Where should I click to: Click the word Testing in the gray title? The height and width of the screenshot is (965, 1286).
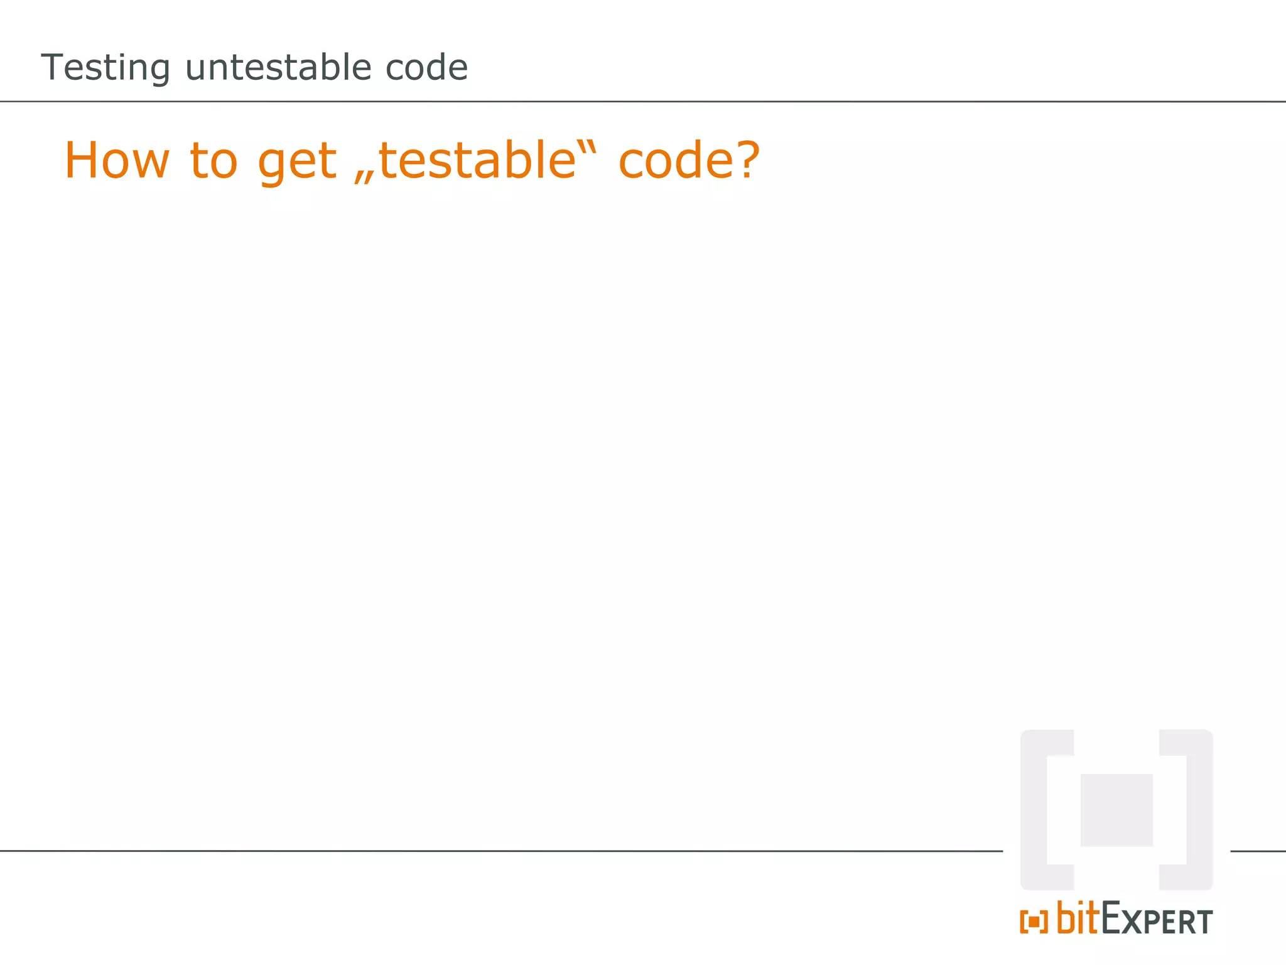point(105,68)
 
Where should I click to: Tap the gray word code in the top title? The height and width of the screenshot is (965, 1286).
point(426,67)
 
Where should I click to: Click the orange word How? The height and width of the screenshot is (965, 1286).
point(117,160)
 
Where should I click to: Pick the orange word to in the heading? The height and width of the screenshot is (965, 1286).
point(213,160)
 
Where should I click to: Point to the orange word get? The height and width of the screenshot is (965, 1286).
point(297,161)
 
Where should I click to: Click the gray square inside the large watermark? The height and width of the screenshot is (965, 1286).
point(1116,810)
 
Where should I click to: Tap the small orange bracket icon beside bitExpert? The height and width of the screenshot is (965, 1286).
point(1034,922)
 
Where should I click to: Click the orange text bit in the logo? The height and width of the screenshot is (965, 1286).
point(1078,918)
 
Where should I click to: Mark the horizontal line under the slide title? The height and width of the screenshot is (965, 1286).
point(643,101)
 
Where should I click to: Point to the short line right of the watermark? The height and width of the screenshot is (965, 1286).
point(1258,851)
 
